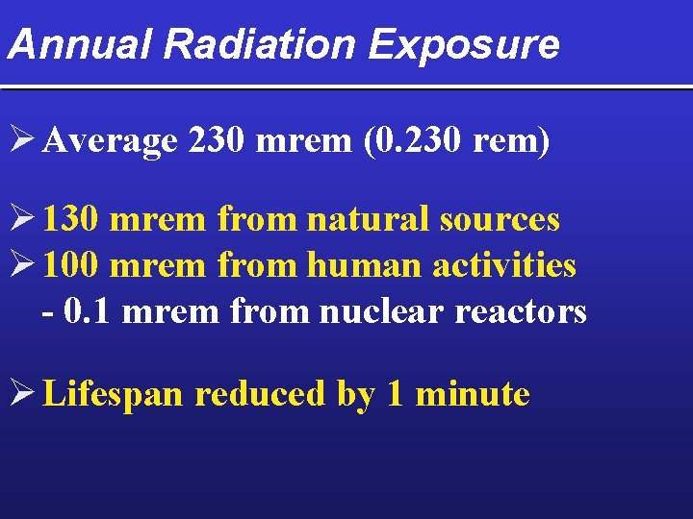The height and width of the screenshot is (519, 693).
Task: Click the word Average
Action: (x=111, y=142)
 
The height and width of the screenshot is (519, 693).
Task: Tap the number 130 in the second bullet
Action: (x=71, y=220)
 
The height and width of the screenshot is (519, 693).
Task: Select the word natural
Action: (x=369, y=220)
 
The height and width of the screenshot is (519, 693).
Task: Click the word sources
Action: (x=500, y=220)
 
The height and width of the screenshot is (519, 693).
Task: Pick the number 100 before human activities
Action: (x=71, y=264)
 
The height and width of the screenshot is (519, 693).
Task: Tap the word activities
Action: (x=504, y=264)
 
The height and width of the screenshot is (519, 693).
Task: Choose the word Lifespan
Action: (x=114, y=394)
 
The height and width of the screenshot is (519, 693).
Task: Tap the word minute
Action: (x=473, y=394)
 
